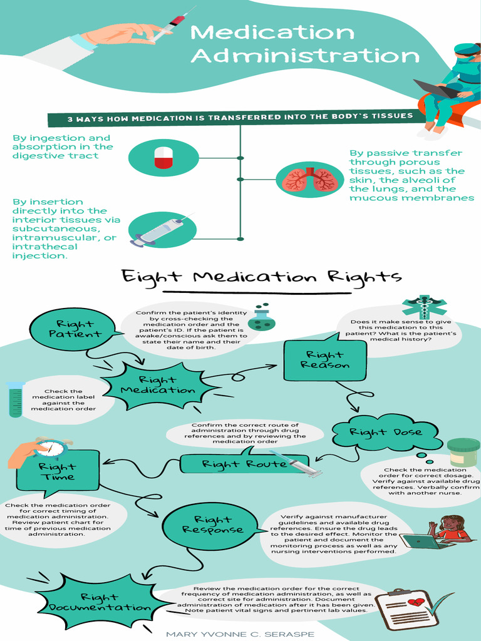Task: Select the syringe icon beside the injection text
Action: point(161,230)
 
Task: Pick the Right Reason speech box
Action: point(325,360)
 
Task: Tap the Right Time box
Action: point(58,471)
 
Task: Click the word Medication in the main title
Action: point(272,32)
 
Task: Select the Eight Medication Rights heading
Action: point(261,277)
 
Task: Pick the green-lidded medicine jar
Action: point(463,452)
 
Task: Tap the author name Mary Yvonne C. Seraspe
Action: point(240,634)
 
